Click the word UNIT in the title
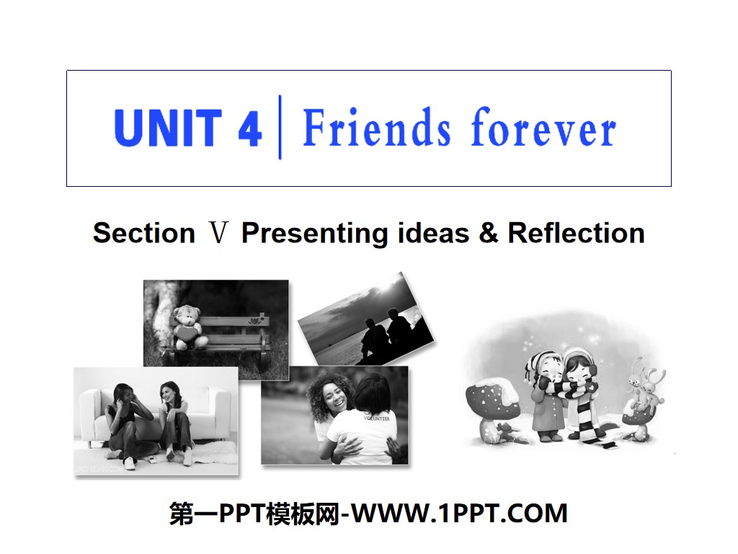pyautogui.click(x=166, y=128)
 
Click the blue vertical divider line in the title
pyautogui.click(x=280, y=128)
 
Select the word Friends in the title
pyautogui.click(x=377, y=128)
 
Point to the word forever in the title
pyautogui.click(x=543, y=130)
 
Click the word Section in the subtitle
pyautogui.click(x=144, y=233)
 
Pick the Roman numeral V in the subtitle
pyautogui.click(x=218, y=233)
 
